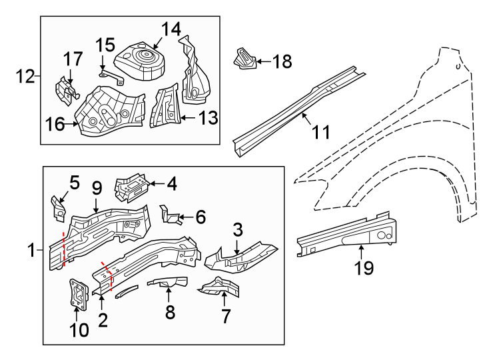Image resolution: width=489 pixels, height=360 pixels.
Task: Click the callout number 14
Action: coord(170,29)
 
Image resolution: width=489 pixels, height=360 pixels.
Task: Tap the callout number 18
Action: coord(282,62)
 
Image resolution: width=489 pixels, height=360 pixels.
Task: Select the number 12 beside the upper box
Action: coord(26,77)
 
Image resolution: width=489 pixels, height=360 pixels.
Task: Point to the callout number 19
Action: coord(364,268)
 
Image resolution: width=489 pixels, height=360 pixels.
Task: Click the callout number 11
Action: coord(320,133)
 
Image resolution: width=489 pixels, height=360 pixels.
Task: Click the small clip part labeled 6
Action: coord(171,214)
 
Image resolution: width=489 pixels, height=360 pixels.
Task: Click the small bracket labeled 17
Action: coord(65,91)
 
